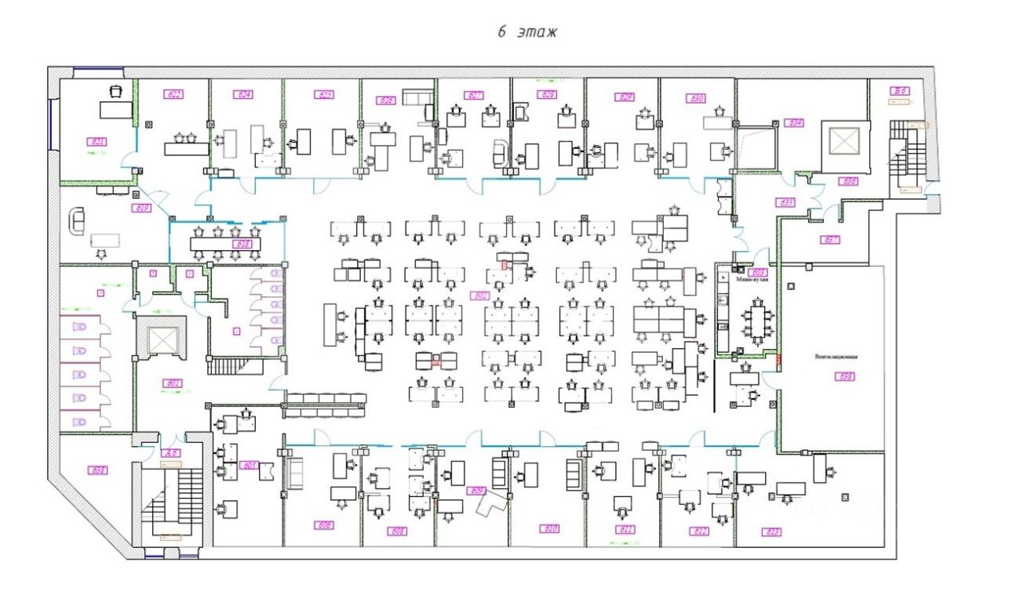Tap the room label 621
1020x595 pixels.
tap(98, 142)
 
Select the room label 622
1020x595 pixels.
tap(174, 94)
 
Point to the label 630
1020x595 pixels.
tap(696, 99)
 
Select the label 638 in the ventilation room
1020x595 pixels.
tap(845, 376)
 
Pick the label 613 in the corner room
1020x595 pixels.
tap(771, 531)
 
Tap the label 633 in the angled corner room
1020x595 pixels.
tap(99, 470)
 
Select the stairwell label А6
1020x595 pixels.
tap(170, 453)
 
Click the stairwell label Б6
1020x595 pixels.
tap(900, 92)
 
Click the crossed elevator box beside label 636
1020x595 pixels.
tap(841, 142)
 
